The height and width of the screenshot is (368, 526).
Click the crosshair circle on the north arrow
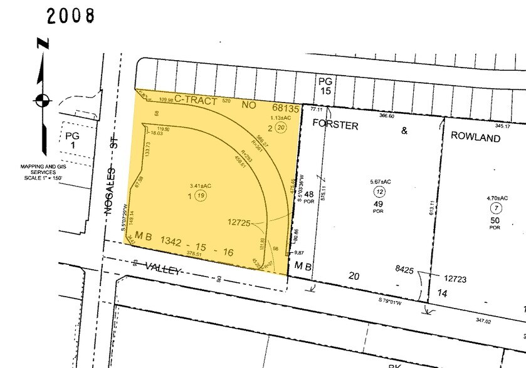42,99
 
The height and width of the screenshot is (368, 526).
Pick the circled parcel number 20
280,128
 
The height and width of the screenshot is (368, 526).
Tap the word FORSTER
335,126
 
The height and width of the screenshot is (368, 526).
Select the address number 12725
243,222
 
